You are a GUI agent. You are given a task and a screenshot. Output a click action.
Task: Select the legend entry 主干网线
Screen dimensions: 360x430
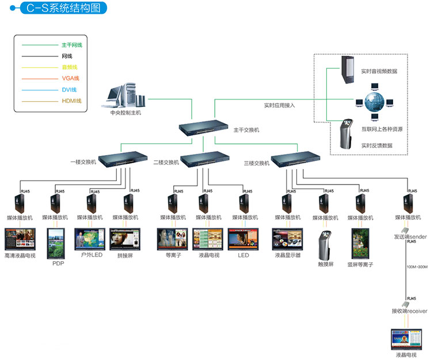tap(71, 45)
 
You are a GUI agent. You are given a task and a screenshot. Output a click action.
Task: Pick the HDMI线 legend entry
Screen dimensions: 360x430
tap(71, 101)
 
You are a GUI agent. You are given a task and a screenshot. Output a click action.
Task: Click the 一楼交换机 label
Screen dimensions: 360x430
tap(83, 163)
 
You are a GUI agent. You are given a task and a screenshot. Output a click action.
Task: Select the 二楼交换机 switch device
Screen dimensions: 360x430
tap(206, 159)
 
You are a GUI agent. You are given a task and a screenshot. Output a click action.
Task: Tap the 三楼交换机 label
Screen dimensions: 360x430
tap(257, 163)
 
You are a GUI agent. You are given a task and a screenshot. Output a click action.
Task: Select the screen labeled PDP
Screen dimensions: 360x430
tap(58, 244)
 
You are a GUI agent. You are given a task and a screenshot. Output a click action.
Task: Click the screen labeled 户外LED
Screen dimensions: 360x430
tap(89, 239)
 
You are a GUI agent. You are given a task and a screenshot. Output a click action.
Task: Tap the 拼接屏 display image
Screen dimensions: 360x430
tap(125, 239)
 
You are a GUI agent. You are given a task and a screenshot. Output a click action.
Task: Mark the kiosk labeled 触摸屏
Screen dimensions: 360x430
tap(325, 245)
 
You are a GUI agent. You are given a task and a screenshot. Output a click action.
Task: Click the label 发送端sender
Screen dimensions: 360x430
tap(410, 236)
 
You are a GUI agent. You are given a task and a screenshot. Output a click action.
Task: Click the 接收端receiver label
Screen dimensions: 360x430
tap(409, 311)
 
